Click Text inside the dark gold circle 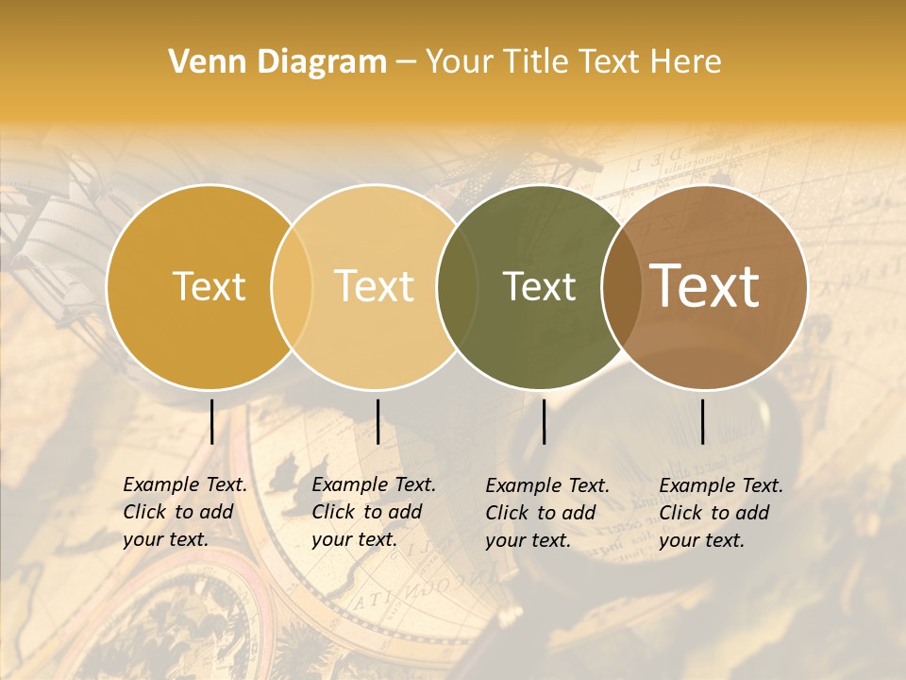(x=209, y=286)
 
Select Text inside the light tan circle (x=375, y=286)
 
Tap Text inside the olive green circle (x=539, y=287)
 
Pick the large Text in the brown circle (x=705, y=285)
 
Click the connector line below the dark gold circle (x=211, y=421)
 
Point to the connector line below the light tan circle (x=377, y=421)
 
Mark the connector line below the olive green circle (x=544, y=421)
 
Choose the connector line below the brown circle (x=703, y=421)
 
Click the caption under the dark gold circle (x=185, y=512)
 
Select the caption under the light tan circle (x=374, y=512)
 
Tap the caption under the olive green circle (x=547, y=513)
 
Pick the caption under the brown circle (x=721, y=513)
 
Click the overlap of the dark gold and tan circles (x=292, y=287)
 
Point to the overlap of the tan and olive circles (x=458, y=287)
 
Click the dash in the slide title (x=406, y=62)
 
